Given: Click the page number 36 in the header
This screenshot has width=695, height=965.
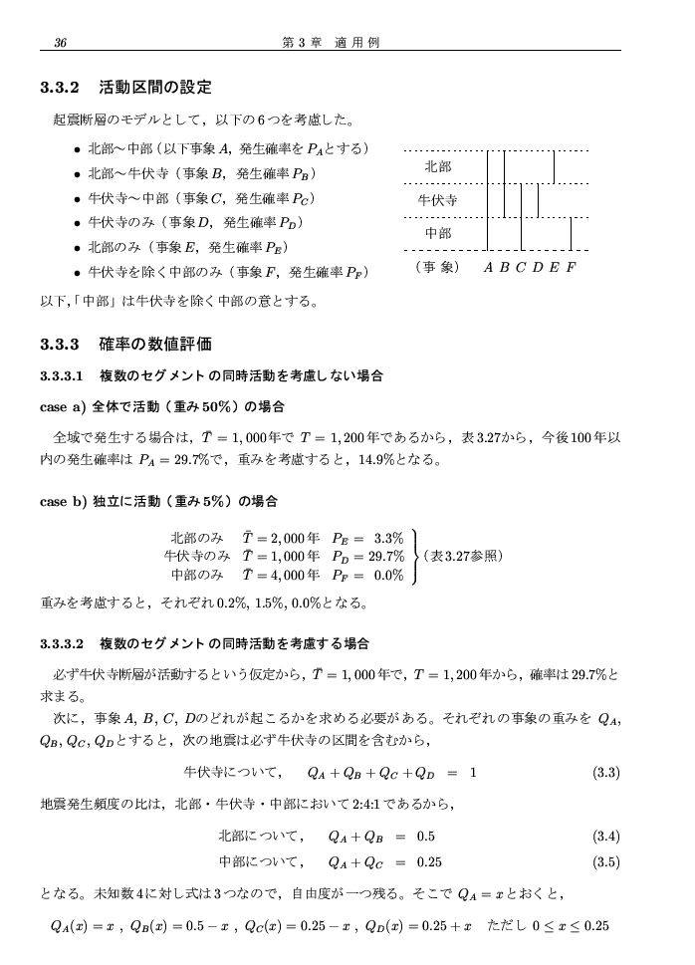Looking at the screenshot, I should click(x=61, y=42).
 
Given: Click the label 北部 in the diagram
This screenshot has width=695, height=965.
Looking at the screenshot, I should click(x=437, y=167).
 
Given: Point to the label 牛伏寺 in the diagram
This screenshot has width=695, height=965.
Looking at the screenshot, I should click(x=437, y=200).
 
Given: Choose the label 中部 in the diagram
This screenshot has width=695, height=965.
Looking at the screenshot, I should click(x=437, y=233).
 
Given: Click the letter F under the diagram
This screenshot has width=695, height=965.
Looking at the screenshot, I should click(x=571, y=268).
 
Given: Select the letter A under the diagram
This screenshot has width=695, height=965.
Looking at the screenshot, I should click(x=488, y=268).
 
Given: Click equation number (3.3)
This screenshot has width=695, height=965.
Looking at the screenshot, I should click(x=606, y=772).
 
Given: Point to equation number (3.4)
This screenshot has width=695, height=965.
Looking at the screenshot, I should click(x=606, y=836).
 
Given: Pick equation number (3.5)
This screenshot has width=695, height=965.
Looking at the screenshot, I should click(x=606, y=862).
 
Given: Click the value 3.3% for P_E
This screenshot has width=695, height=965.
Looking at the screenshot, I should click(x=388, y=538).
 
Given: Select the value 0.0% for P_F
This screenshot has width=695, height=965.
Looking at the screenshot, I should click(x=388, y=575).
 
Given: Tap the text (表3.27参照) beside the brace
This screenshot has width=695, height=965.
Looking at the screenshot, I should click(x=463, y=556).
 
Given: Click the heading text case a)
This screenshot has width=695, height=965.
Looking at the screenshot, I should click(x=63, y=406).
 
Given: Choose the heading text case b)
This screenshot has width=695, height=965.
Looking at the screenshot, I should click(x=63, y=501).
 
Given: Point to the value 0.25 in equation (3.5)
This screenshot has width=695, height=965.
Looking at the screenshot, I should click(x=430, y=862).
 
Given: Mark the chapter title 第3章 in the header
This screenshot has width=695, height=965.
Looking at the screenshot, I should click(x=302, y=42).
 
